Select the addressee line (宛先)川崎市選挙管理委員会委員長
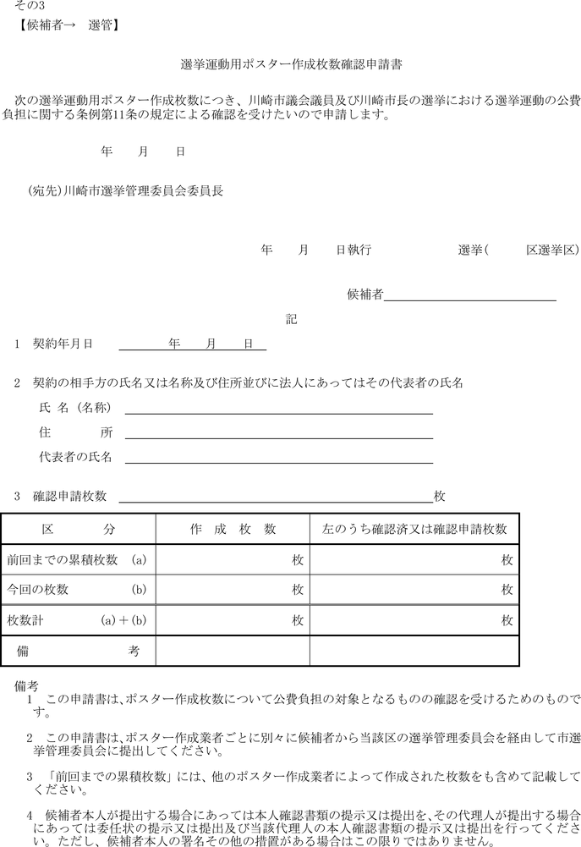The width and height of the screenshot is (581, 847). coord(126,191)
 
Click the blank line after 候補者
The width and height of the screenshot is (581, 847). coord(470,295)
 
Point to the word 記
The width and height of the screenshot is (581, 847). coord(291,319)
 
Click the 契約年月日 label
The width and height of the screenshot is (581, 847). coord(62,344)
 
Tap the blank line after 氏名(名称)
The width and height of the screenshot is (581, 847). coord(279,409)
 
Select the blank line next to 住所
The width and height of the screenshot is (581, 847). coord(279,433)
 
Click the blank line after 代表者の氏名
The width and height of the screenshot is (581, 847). coord(279,459)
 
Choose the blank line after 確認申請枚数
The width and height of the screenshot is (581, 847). coord(275,497)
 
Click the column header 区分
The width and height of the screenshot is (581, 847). coord(78,529)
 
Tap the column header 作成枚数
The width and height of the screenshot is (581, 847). coord(233,529)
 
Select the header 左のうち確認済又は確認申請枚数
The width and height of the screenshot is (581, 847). coord(414,529)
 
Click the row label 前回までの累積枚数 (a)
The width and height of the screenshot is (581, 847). coord(77,560)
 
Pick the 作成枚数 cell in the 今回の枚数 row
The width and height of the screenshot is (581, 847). coord(233,589)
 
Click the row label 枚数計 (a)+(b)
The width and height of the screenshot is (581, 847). coord(77,620)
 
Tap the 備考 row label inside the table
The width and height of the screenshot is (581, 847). coord(77,650)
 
